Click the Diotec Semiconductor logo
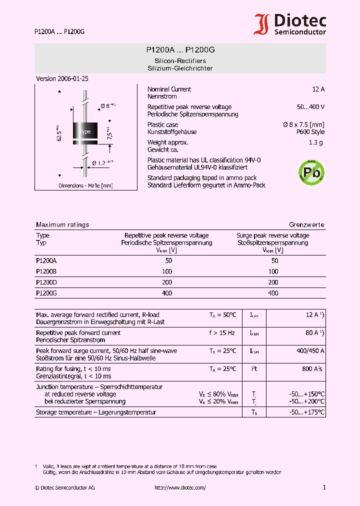click(290, 24)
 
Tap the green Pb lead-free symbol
click(311, 171)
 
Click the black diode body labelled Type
click(85, 131)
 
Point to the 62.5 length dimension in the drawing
click(59, 134)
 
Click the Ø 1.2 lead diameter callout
click(102, 162)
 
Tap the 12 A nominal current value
click(318, 89)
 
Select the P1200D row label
click(46, 282)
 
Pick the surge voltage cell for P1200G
click(273, 293)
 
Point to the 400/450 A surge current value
click(310, 351)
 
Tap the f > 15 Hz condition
click(222, 333)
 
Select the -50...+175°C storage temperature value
click(307, 412)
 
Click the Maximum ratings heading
click(62, 225)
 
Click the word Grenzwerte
click(306, 225)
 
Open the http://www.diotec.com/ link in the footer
click(180, 487)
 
